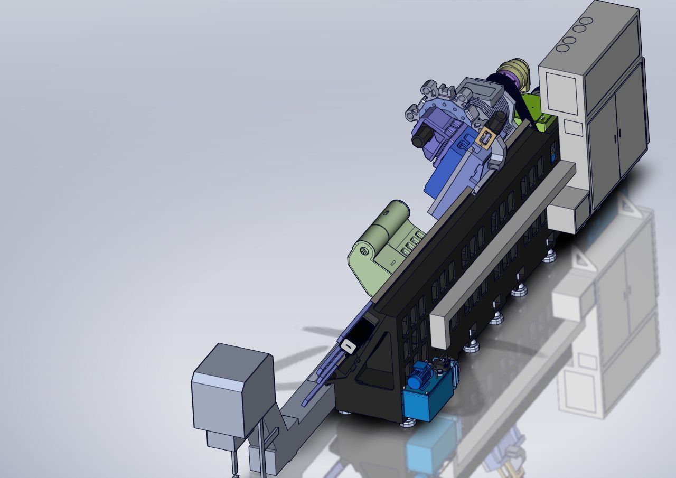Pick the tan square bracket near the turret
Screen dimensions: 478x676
pos(485,138)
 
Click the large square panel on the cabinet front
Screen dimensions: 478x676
pos(562,92)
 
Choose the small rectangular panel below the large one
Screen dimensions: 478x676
pos(573,127)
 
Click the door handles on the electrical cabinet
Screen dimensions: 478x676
pos(616,138)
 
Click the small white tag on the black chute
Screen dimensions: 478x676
pos(349,346)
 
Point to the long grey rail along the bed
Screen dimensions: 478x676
pos(502,248)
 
